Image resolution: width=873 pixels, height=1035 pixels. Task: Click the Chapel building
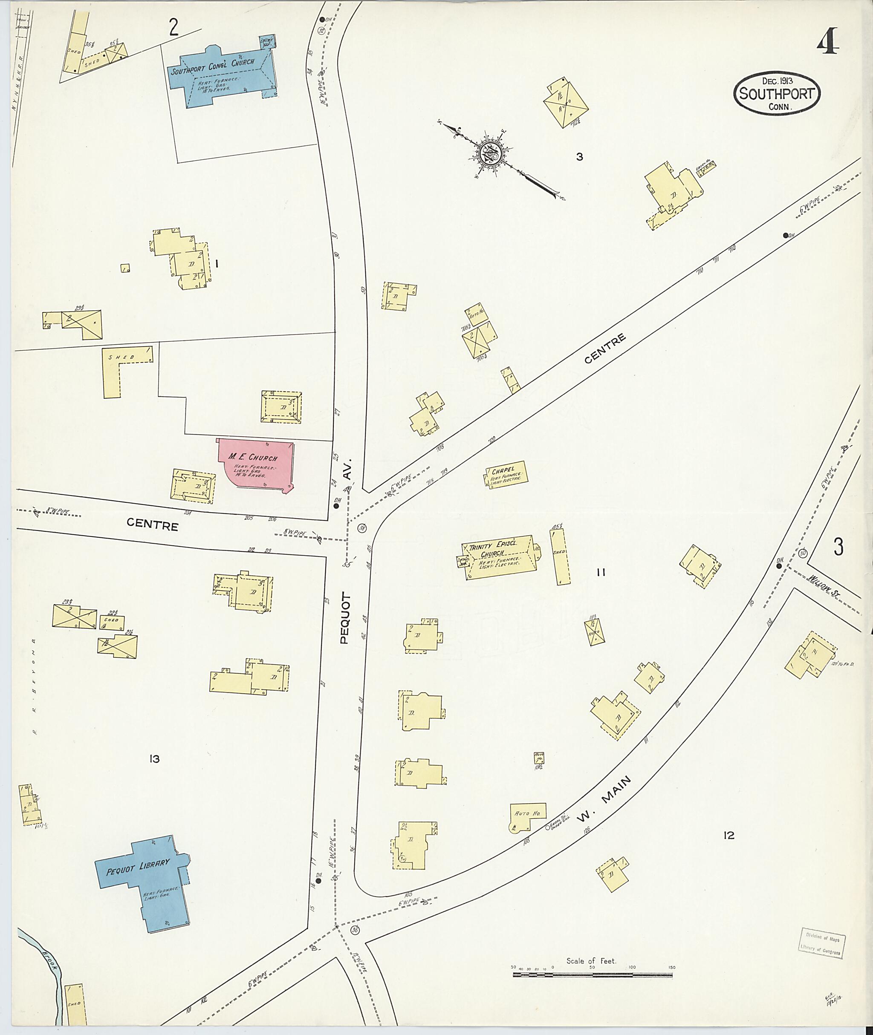506,474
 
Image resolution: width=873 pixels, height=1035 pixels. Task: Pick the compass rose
490,154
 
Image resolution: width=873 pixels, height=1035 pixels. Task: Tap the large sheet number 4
827,42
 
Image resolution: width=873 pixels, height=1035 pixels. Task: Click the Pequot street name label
344,618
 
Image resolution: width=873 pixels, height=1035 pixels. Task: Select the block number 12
728,836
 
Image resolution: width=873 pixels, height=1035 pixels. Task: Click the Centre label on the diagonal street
604,349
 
